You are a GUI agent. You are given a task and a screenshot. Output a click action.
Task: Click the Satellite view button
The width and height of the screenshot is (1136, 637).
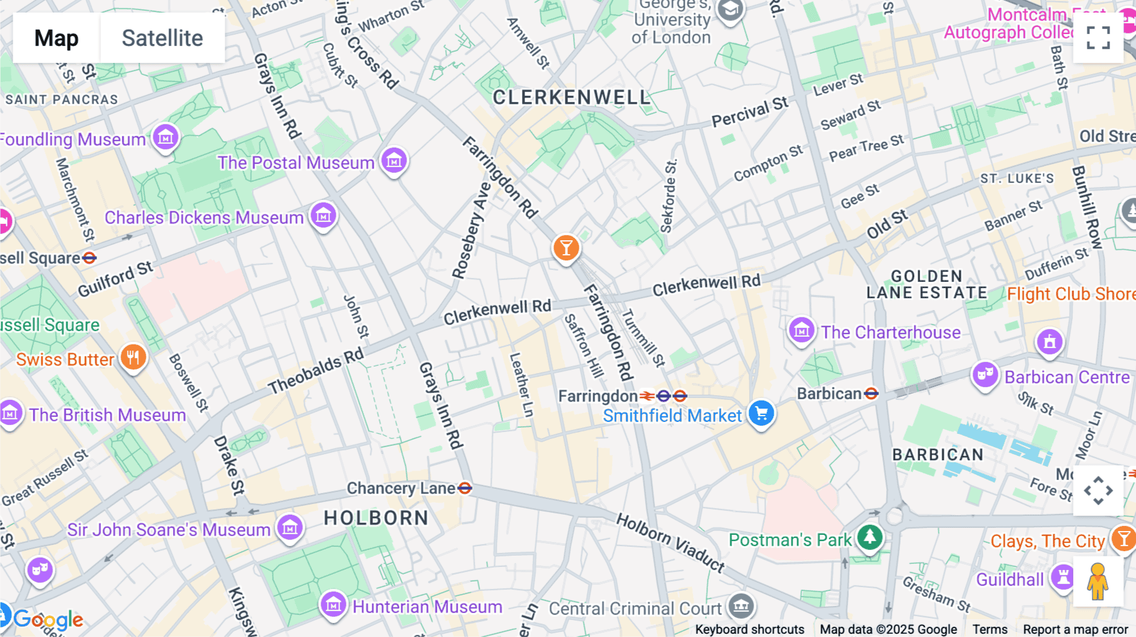tap(162, 38)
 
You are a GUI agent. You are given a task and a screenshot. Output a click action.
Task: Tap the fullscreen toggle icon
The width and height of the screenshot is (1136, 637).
tap(1098, 38)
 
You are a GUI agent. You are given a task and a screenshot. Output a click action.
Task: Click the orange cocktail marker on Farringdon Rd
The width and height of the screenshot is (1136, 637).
tap(566, 248)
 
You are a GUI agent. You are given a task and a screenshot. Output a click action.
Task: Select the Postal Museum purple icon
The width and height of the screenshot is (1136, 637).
tap(394, 161)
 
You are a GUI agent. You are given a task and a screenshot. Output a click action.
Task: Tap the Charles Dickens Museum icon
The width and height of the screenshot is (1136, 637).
tap(324, 216)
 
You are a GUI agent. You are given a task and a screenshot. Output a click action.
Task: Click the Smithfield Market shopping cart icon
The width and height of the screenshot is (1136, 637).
tap(762, 414)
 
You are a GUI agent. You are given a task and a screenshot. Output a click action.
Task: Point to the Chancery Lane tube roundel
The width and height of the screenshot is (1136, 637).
tap(465, 488)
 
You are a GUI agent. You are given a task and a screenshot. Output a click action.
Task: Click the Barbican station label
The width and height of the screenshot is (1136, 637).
tap(829, 394)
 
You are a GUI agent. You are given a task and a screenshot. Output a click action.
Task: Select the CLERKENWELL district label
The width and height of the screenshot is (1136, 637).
tap(571, 98)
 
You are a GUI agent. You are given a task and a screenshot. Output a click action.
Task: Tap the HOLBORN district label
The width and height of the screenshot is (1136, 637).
tap(376, 518)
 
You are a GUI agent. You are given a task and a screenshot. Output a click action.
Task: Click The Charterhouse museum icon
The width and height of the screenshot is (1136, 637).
tap(802, 330)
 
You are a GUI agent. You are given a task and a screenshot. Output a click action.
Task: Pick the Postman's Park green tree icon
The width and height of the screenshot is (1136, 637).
tap(870, 537)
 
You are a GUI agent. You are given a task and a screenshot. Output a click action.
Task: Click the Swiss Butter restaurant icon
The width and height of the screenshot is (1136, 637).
tap(133, 358)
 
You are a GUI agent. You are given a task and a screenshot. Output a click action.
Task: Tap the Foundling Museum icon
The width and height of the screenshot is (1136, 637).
tap(166, 136)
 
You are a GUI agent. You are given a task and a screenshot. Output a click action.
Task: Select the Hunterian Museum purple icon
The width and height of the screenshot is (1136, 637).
tap(333, 605)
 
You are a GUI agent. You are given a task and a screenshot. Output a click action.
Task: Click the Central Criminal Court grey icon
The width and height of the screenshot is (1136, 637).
tap(741, 606)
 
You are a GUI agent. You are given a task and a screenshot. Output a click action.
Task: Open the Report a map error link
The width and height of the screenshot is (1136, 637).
tap(1075, 629)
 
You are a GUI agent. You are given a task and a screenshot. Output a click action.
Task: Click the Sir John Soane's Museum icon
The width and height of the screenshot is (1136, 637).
tap(290, 527)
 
